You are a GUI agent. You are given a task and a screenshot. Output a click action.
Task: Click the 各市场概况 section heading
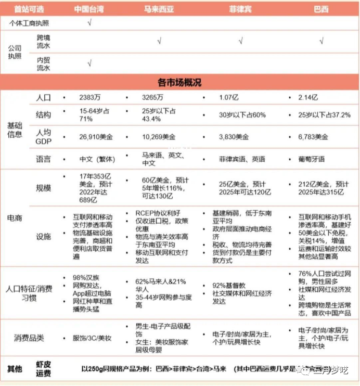pyautogui.click(x=179, y=83)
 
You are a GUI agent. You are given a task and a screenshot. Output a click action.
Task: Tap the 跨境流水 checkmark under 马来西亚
pyautogui.click(x=159, y=41)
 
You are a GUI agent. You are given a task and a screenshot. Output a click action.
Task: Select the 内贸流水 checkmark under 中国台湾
pyautogui.click(x=90, y=63)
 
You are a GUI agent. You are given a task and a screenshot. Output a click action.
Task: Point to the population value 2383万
pyautogui.click(x=89, y=97)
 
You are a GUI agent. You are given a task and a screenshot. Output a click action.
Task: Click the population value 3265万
pyautogui.click(x=152, y=97)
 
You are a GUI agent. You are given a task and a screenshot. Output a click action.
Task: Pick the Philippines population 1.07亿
pyautogui.click(x=229, y=97)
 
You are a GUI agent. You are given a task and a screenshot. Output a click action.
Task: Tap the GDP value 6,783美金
pyautogui.click(x=314, y=137)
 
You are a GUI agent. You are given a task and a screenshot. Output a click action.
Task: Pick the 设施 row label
pyautogui.click(x=44, y=237)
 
